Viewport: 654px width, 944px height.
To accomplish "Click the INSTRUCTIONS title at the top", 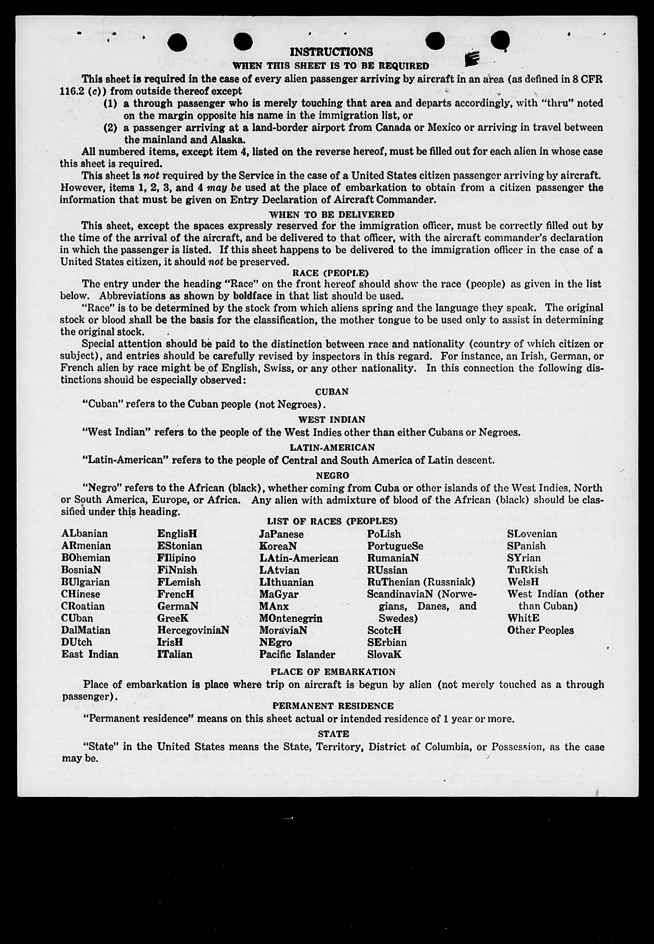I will (331, 52).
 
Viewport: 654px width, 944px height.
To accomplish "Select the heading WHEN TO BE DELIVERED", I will (331, 214).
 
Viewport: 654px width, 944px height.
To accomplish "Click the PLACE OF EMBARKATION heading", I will (333, 672).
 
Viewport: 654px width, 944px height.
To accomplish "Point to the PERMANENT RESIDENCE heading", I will (333, 706).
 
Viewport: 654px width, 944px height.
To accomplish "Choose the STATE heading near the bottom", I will (333, 734).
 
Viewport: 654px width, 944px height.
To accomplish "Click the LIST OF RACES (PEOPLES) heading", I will (332, 521).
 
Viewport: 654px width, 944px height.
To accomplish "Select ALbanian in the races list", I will (84, 534).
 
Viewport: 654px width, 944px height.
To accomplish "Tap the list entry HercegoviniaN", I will (193, 630).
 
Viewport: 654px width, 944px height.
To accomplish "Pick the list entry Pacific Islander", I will (297, 655).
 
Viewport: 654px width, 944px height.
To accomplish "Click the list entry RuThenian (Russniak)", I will (421, 582).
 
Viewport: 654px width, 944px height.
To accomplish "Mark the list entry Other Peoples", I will (540, 630).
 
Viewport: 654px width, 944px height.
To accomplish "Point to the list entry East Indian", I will (90, 655).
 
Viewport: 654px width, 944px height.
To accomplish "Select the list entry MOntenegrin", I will (291, 618).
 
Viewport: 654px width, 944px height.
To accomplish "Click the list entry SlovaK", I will (384, 655).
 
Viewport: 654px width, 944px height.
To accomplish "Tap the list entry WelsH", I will (523, 582).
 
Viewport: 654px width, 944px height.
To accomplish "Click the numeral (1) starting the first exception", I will (110, 103).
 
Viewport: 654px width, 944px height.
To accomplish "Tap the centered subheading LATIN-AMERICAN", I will (332, 447).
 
